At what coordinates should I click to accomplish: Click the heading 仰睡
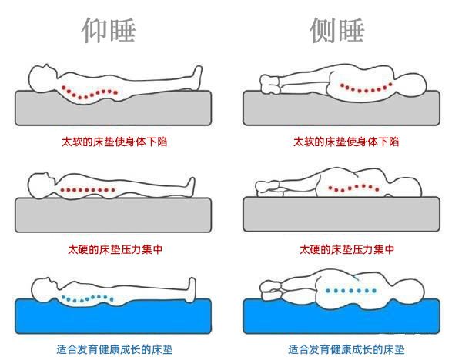coord(109,30)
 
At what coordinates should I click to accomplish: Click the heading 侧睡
coord(337,30)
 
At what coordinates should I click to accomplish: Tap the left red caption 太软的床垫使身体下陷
coord(114,142)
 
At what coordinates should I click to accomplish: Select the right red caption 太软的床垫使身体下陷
coord(346,142)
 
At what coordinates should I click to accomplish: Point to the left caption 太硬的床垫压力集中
coord(115,250)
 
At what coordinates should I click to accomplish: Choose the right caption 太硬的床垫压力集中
coord(347,250)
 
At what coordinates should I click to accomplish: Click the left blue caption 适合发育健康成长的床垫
coord(115,350)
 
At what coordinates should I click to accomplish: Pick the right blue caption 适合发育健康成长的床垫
coord(346,350)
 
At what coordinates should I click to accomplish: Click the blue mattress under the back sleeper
coord(113,318)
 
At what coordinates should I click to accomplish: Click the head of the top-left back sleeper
coord(42,78)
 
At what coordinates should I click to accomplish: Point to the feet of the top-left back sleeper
coord(197,77)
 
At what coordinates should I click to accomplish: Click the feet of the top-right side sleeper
coord(270,85)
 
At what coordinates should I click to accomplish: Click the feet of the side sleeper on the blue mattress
coord(270,290)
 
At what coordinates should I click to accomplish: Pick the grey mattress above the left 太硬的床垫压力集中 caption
coord(113,215)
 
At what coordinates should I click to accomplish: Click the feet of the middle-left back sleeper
coord(190,186)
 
